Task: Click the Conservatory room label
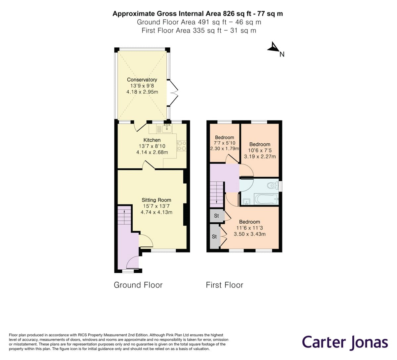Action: [142, 79]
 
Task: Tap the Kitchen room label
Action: [152, 140]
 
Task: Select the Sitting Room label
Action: [156, 200]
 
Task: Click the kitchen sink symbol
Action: [167, 128]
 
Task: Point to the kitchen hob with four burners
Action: [182, 146]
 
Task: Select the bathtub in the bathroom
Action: [266, 199]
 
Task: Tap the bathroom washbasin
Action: [246, 201]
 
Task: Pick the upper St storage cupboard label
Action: [216, 216]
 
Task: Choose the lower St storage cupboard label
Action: [214, 237]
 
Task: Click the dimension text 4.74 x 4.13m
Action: [156, 212]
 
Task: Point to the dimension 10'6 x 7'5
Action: [260, 150]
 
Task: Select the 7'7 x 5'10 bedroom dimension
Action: [224, 143]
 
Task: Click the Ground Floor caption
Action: [138, 285]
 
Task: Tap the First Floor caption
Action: [224, 285]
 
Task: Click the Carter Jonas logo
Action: [345, 342]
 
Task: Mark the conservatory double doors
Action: [173, 93]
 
